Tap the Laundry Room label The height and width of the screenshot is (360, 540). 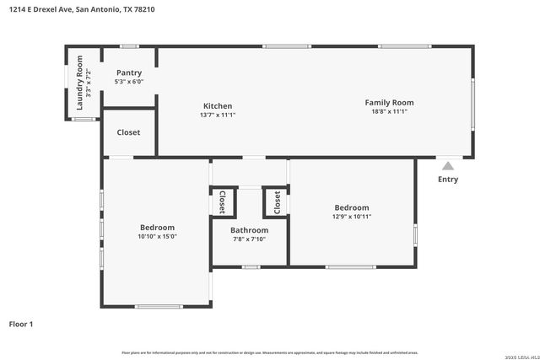point(80,83)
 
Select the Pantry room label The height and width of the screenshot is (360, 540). point(129,73)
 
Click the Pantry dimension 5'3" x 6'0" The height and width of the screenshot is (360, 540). point(129,82)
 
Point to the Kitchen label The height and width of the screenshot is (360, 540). point(218,106)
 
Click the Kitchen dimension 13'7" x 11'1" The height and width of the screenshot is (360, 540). point(218,115)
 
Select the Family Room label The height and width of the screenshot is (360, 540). point(389,103)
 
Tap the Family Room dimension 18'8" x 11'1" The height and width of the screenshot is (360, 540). point(389,111)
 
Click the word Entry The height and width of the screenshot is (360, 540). point(448,179)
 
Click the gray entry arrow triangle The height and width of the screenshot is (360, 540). point(448,166)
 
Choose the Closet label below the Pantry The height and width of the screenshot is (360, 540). point(128,132)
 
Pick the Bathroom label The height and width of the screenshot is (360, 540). point(249,230)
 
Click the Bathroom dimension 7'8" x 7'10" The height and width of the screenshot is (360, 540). point(249,239)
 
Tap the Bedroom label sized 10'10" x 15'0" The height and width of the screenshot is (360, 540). point(157,228)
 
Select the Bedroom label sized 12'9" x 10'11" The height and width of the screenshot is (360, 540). point(351,207)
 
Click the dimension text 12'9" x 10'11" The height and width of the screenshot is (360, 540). point(351,217)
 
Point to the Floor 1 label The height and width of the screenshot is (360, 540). point(20,324)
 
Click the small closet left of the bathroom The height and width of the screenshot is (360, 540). point(222,202)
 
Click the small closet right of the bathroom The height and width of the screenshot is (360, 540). point(276,202)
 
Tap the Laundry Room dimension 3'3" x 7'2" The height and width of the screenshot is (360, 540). point(89,83)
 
